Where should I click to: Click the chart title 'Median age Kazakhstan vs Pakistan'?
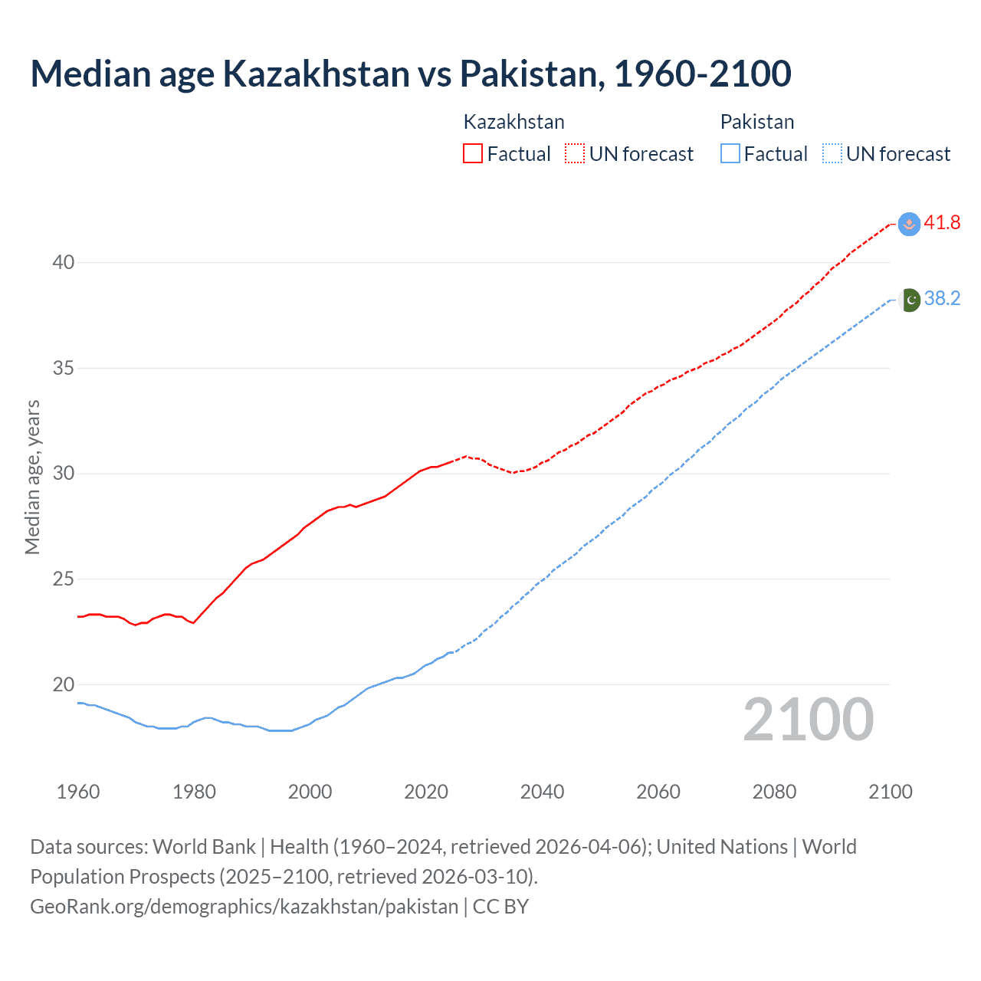click(410, 74)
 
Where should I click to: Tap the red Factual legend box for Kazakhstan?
click(473, 153)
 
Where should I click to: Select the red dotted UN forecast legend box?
click(575, 153)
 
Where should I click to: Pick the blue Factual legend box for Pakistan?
click(730, 153)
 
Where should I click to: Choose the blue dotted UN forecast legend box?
click(832, 153)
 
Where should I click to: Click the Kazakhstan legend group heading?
click(513, 122)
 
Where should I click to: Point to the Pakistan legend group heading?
click(756, 122)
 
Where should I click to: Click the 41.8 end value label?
click(942, 222)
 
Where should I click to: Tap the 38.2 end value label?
click(942, 298)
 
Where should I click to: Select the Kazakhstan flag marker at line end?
click(909, 224)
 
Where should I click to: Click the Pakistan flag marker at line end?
click(909, 300)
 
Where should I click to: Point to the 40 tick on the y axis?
click(64, 262)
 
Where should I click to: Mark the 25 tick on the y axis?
click(64, 579)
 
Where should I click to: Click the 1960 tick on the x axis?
click(78, 792)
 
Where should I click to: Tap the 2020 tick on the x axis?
click(426, 792)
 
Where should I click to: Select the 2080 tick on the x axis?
click(774, 792)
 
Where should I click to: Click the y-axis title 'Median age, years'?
click(32, 477)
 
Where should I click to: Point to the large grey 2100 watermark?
click(808, 719)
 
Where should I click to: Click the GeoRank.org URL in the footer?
click(244, 906)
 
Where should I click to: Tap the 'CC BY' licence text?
click(500, 906)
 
